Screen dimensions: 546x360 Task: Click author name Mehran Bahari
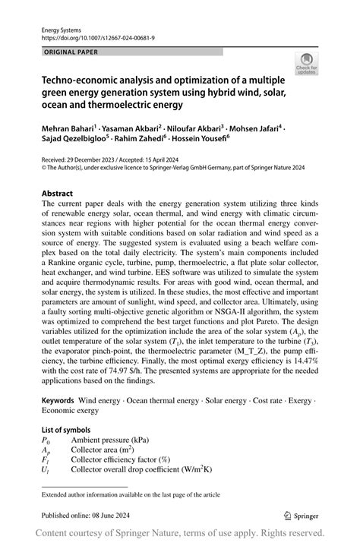73,131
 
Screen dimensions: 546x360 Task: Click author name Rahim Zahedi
144,142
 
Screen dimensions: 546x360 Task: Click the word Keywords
58,399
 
